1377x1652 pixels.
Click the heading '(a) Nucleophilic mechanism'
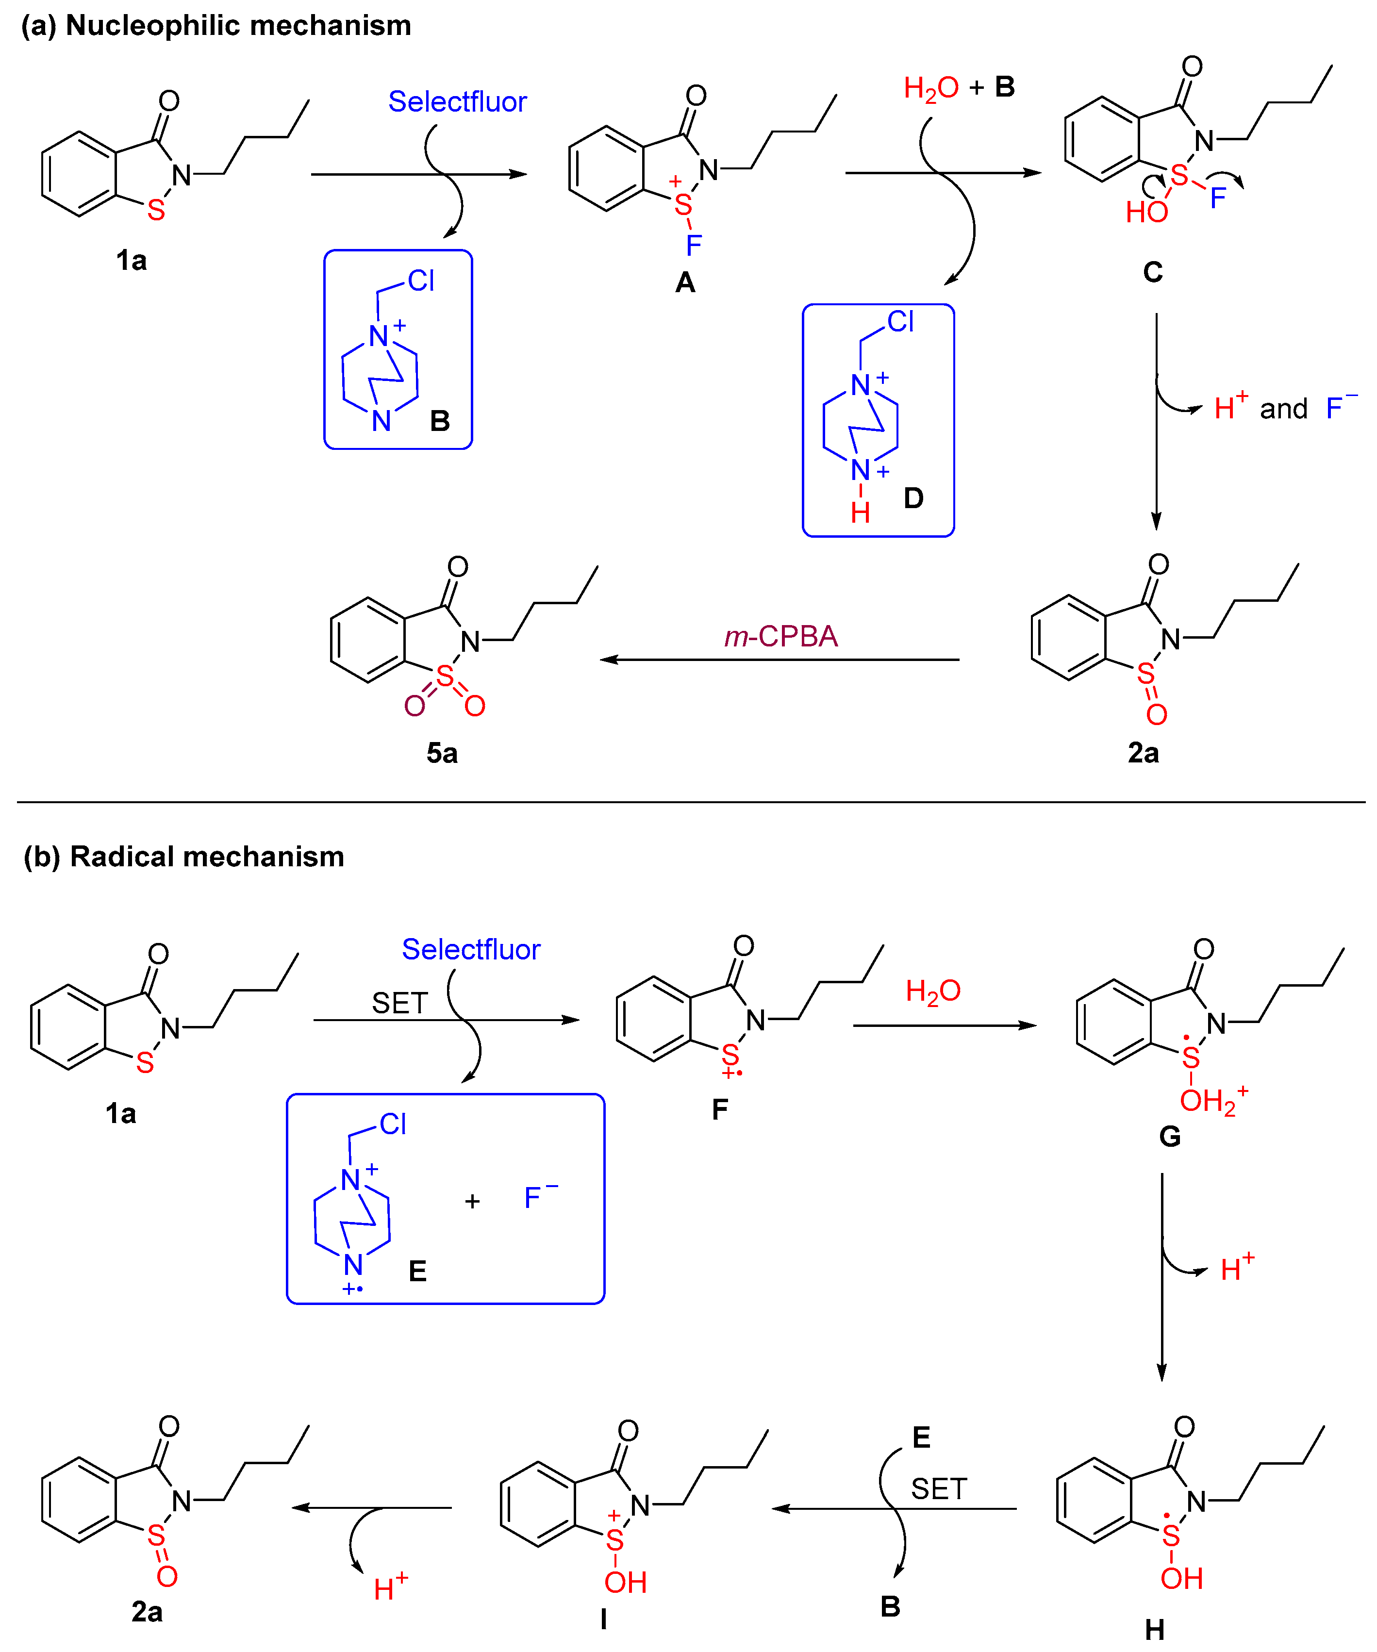[216, 26]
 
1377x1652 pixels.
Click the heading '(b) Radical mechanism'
[183, 857]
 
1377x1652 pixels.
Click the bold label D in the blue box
[913, 498]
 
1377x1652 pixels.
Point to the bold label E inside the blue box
[417, 1271]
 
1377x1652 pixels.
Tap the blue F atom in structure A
[693, 246]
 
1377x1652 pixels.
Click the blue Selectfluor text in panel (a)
[457, 101]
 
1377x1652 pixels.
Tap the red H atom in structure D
[860, 513]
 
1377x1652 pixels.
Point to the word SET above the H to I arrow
[939, 1489]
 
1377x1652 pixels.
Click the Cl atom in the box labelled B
[421, 281]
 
